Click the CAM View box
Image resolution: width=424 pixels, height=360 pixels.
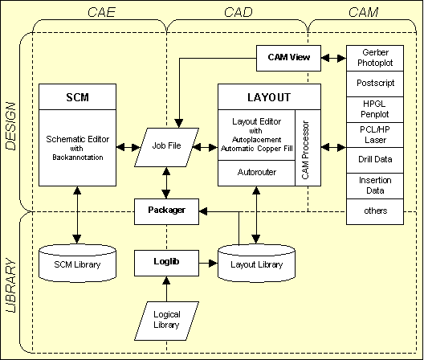(x=288, y=56)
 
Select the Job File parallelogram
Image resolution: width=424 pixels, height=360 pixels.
(x=165, y=146)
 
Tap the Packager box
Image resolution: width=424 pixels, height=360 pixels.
(x=166, y=210)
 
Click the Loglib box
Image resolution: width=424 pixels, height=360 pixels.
(x=166, y=261)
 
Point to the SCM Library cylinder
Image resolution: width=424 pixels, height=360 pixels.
(x=77, y=263)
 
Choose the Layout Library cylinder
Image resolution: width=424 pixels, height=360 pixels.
(x=255, y=263)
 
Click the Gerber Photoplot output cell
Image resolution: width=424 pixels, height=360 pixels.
(x=375, y=57)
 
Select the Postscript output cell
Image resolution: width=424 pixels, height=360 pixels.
(x=375, y=83)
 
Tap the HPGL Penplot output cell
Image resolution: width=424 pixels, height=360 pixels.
(x=375, y=108)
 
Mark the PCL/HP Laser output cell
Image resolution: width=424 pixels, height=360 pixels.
(x=375, y=134)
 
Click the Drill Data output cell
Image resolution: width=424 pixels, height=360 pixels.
(x=375, y=160)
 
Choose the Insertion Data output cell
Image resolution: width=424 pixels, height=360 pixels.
(x=375, y=186)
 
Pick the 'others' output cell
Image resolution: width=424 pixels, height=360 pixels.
(x=375, y=211)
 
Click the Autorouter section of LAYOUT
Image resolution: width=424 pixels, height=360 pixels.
(x=256, y=172)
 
